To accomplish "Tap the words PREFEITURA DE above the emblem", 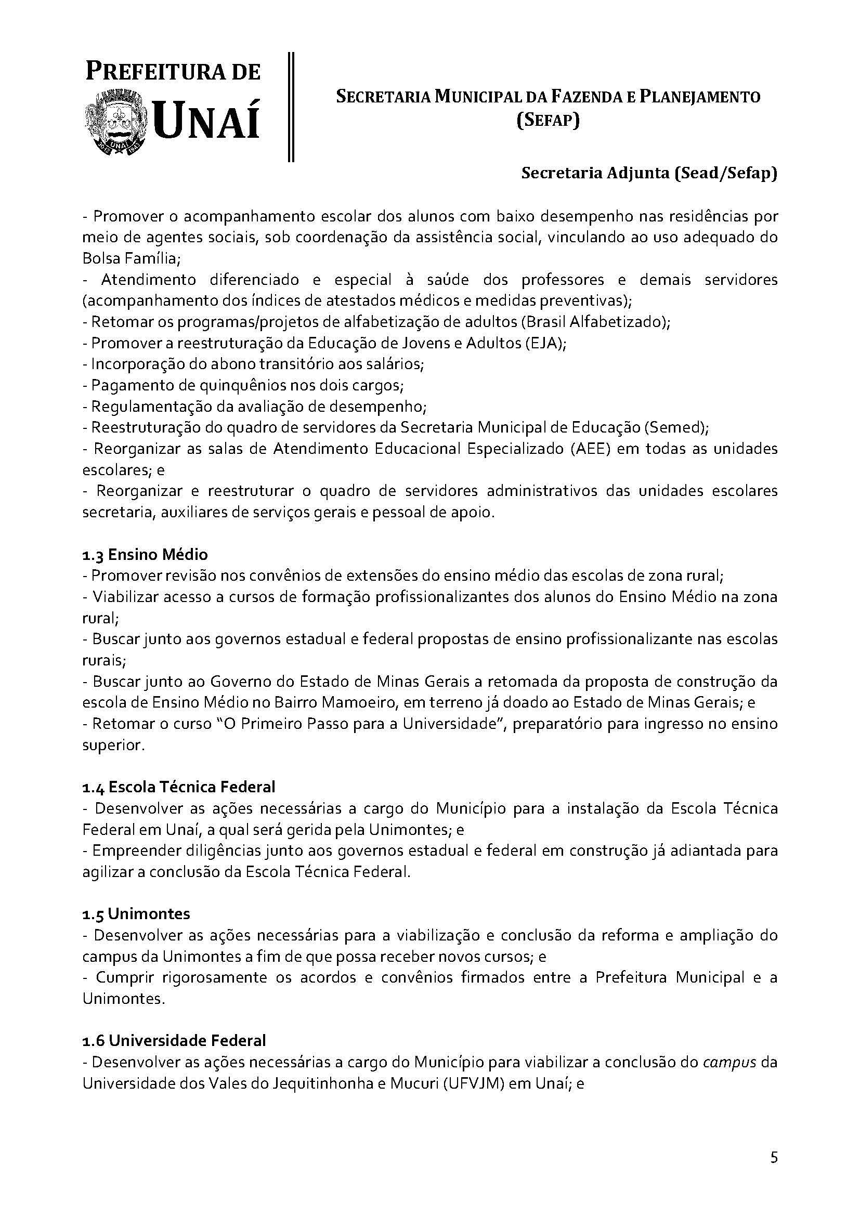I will click(173, 72).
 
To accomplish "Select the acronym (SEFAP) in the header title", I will click(548, 121).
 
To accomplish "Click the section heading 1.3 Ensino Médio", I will click(145, 555).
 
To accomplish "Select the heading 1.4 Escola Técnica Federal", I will click(178, 787).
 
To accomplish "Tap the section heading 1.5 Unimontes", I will click(136, 913).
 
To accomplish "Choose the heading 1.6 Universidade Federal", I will click(174, 1041).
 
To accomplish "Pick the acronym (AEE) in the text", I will click(589, 449).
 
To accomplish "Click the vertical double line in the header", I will click(291, 106).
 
